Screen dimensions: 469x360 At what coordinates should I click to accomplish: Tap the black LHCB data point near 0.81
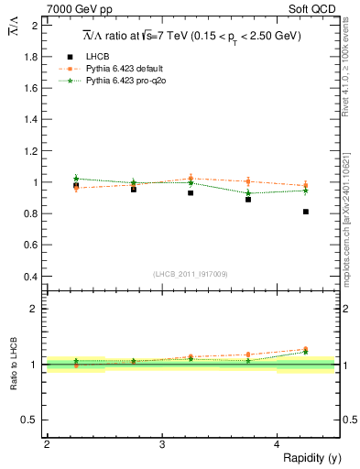click(306, 212)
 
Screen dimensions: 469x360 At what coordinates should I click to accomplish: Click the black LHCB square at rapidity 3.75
click(248, 199)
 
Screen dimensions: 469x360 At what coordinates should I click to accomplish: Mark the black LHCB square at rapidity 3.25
click(191, 193)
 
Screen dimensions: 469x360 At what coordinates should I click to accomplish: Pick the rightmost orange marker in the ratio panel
click(306, 349)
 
